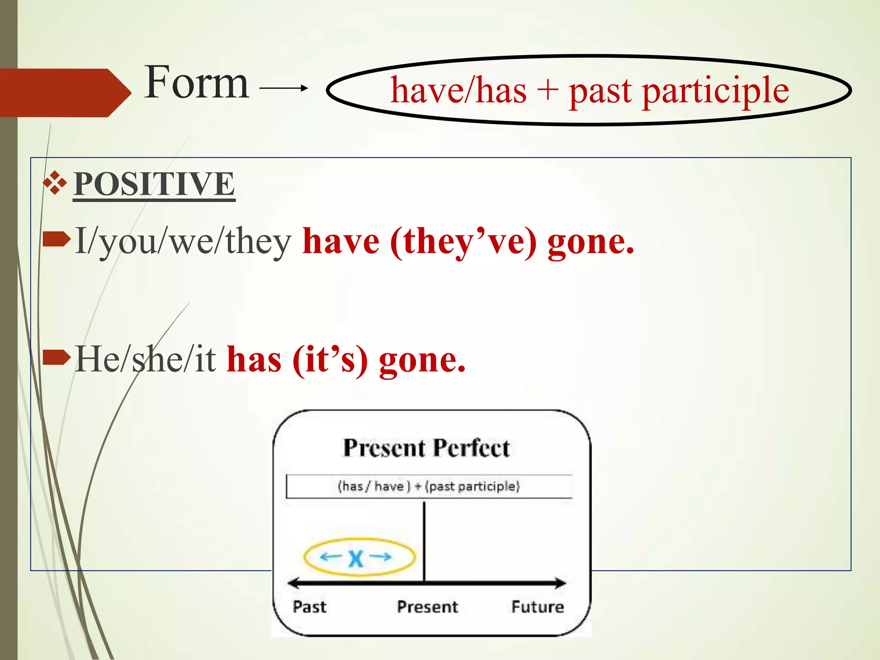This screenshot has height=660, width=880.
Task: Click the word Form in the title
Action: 196,82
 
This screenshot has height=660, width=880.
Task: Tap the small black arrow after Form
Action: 284,88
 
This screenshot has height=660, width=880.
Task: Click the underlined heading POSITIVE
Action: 154,184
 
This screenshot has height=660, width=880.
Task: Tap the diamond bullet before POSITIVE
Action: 55,183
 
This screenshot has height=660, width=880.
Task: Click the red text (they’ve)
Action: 463,241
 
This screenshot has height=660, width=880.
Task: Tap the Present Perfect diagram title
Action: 426,448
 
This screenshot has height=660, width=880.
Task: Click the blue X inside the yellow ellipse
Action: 356,558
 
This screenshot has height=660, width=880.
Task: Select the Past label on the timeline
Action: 309,607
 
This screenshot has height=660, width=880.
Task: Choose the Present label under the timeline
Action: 428,607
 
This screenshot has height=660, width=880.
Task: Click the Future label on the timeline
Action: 538,607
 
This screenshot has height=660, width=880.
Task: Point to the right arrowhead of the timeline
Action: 561,583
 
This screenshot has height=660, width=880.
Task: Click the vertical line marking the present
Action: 424,541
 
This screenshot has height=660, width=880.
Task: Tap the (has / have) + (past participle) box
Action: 429,486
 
